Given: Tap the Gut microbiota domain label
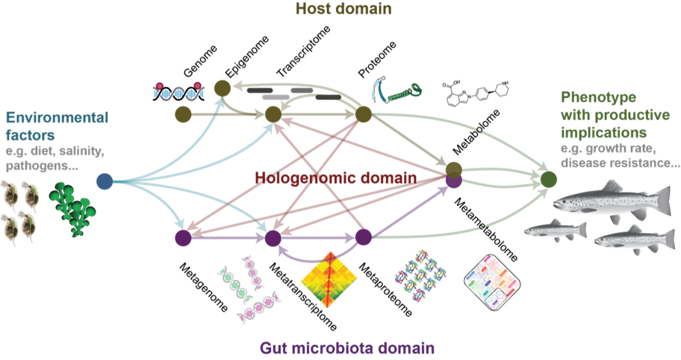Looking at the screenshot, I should [347, 348].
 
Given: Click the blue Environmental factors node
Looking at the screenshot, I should [105, 181].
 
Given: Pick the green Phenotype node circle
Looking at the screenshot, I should [549, 180].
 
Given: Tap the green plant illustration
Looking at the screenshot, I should [72, 209].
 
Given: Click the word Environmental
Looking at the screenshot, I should [57, 117].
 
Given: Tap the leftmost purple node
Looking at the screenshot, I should [182, 238].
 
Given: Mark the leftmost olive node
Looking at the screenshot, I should [182, 114].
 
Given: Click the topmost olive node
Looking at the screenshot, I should [221, 88].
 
